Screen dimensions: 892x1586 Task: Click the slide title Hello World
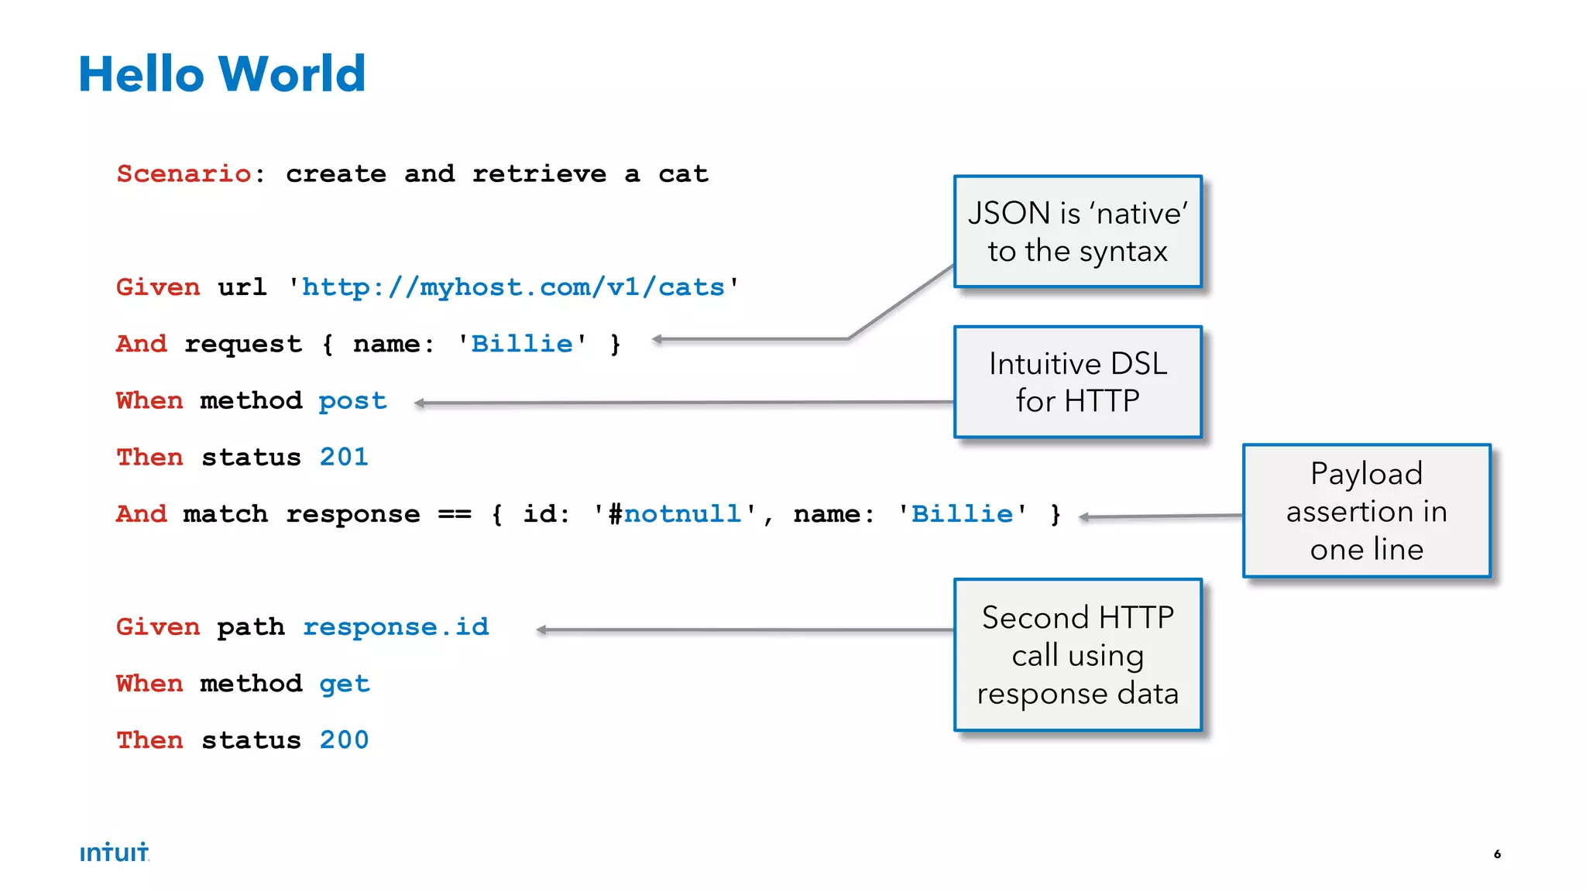click(221, 74)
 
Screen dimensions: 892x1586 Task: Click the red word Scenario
click(184, 173)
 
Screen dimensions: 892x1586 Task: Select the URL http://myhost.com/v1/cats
click(513, 287)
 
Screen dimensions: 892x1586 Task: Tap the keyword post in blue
click(352, 401)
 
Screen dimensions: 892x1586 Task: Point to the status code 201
click(344, 457)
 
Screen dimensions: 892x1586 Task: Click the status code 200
click(344, 740)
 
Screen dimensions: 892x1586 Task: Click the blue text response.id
click(396, 626)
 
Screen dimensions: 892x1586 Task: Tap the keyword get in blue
click(344, 684)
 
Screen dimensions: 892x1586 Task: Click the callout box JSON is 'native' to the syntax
click(1077, 232)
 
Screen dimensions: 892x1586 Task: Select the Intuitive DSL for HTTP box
click(1077, 382)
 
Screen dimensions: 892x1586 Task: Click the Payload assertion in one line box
click(1366, 511)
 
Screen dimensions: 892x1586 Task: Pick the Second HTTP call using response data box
click(1077, 655)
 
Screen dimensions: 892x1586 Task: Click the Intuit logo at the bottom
click(114, 853)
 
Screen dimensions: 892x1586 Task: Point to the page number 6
click(1497, 854)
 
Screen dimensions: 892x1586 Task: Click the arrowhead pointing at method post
click(420, 403)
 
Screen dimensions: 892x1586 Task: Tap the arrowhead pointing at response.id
click(541, 630)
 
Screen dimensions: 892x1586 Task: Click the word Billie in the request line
click(521, 344)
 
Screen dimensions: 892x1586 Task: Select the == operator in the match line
click(455, 514)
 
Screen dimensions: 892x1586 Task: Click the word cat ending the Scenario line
click(683, 173)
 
